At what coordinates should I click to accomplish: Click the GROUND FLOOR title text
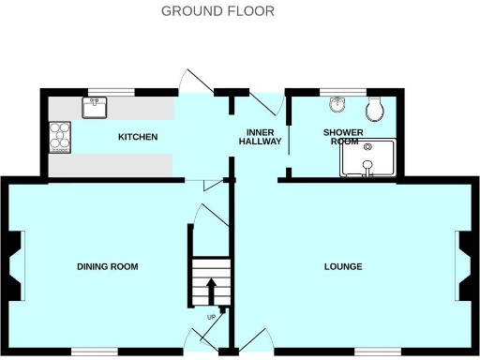click(x=217, y=11)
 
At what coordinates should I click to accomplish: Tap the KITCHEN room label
click(x=137, y=138)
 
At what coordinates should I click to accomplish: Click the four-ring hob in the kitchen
click(x=62, y=138)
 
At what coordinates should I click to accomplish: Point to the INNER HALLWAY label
click(x=258, y=137)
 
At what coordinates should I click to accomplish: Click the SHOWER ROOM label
click(x=343, y=137)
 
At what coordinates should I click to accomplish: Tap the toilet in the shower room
click(x=375, y=110)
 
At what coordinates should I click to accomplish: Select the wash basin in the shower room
click(x=338, y=105)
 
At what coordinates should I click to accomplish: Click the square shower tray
click(x=368, y=158)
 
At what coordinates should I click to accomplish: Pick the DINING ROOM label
click(x=107, y=267)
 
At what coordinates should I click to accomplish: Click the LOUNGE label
click(x=343, y=267)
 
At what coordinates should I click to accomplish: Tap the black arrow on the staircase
click(x=210, y=286)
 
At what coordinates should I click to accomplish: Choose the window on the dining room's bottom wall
click(x=94, y=351)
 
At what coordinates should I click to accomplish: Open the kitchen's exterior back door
click(x=197, y=82)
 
